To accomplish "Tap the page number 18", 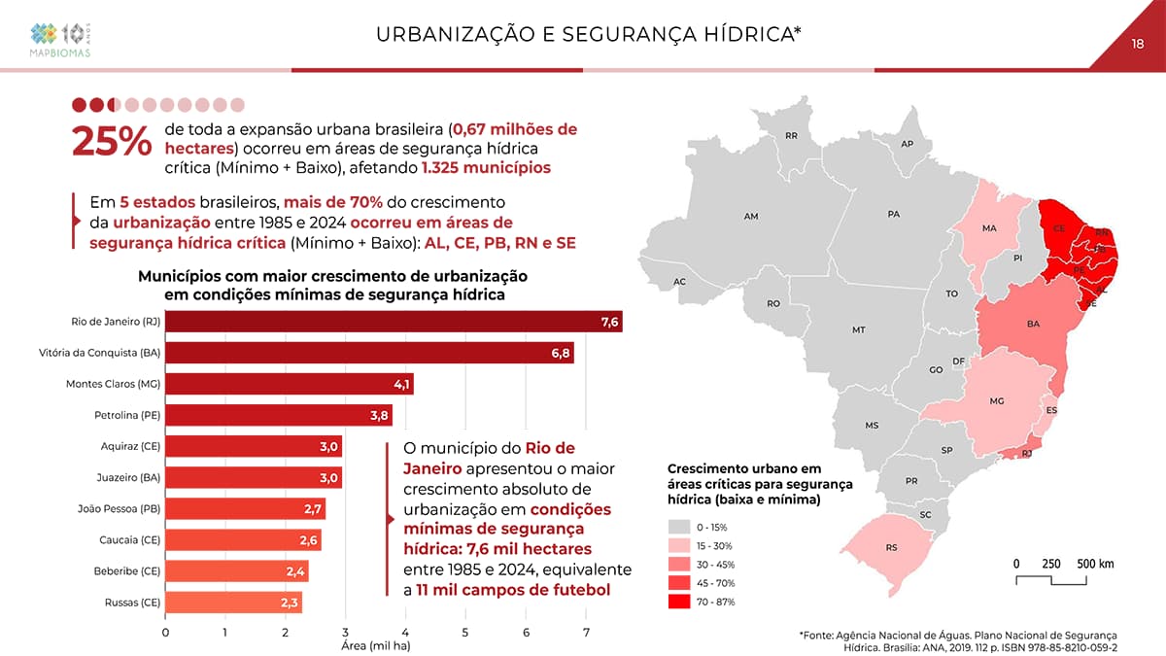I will pos(1138,44).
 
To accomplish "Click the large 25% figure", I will pos(111,142).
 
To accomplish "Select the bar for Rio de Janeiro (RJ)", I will pos(394,322).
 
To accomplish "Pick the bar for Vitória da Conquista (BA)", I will pos(369,352).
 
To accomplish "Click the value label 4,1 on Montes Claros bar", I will pos(401,384).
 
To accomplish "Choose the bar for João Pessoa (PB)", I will pos(245,508).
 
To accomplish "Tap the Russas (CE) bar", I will pos(233,603).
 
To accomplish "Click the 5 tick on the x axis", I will pos(465,634).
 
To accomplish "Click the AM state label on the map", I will pos(750,216).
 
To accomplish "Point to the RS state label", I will pos(891,548).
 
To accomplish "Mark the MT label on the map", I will pos(858,330).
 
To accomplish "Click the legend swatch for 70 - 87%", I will pos(679,602).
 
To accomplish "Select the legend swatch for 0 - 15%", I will pos(679,527).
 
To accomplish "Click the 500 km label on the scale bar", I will pos(1094,564).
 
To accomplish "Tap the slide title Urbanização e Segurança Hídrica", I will pos(588,36).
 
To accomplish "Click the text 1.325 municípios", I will pos(486,167).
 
